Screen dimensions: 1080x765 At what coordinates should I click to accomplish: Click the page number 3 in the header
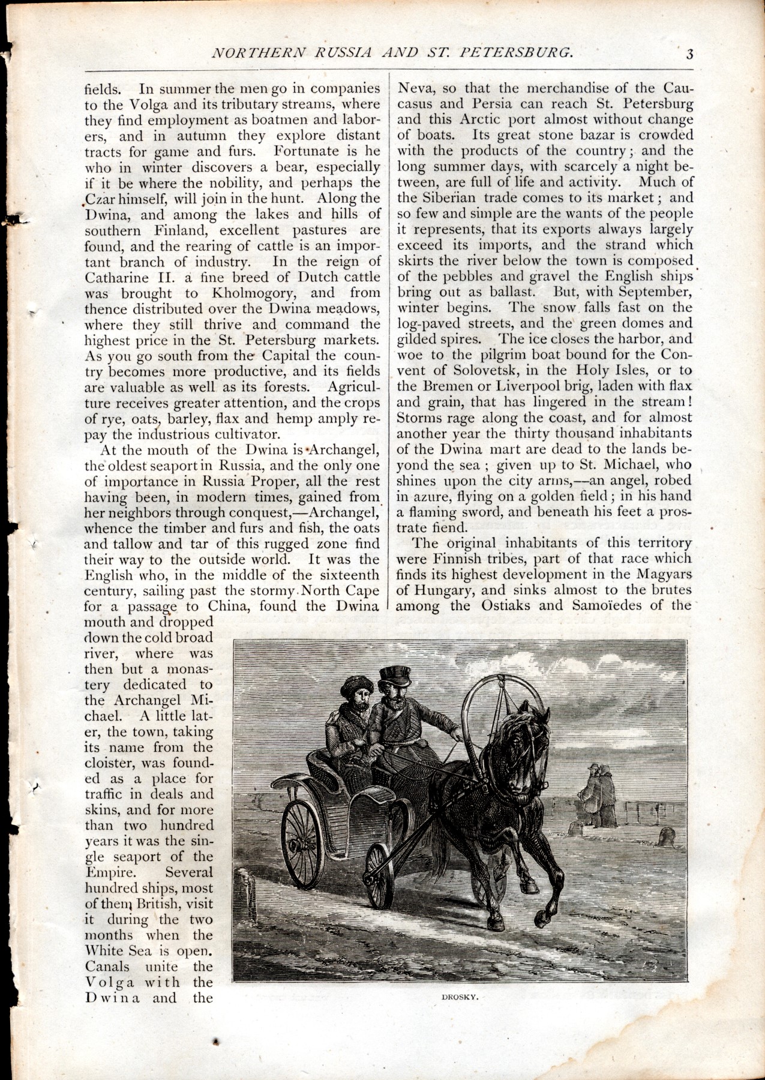(x=690, y=53)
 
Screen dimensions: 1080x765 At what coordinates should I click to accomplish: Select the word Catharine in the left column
(x=114, y=277)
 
